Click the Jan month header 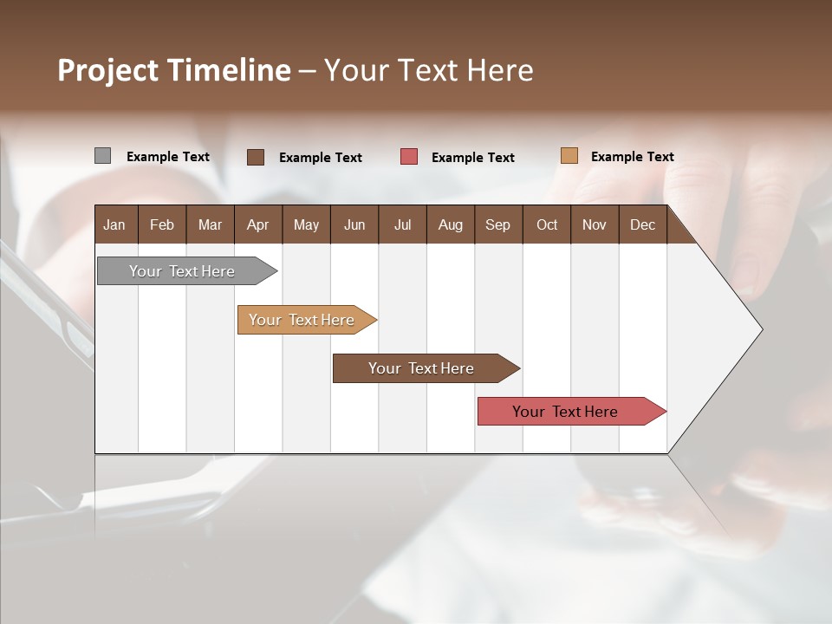tap(114, 225)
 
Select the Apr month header tap(257, 225)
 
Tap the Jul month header tap(402, 225)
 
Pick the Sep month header tap(497, 225)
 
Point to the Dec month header tap(642, 225)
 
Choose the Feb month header tap(162, 225)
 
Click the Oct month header tap(547, 225)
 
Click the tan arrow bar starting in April tap(303, 320)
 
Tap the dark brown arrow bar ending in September tap(422, 368)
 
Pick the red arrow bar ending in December tap(567, 412)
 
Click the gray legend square tap(102, 156)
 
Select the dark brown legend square tap(256, 157)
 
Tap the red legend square tap(409, 157)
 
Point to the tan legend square tap(569, 156)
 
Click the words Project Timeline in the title tap(173, 70)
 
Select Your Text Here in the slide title tap(428, 70)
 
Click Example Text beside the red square tap(472, 158)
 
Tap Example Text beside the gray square tap(168, 157)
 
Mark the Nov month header tap(595, 225)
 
